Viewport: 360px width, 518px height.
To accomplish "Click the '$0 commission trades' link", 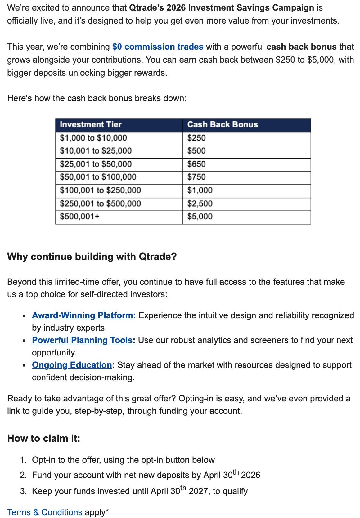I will [x=158, y=47].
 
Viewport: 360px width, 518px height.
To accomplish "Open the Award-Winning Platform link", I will [x=83, y=315].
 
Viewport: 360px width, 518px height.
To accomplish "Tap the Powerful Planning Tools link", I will [x=82, y=340].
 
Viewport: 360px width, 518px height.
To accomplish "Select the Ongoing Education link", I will [x=72, y=365].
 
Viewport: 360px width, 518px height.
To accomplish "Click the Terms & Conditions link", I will [x=45, y=512].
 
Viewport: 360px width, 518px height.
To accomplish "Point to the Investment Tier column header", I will [x=91, y=125].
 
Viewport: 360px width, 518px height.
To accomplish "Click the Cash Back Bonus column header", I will [x=223, y=125].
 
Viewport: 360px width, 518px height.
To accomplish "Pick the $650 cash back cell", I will [x=196, y=164].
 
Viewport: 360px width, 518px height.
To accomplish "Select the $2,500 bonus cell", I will [x=200, y=203].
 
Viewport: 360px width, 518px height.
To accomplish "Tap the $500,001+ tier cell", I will [x=80, y=217].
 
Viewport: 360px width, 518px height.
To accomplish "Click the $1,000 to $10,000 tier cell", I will [x=93, y=138].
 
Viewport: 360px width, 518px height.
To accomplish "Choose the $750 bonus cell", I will [x=196, y=177].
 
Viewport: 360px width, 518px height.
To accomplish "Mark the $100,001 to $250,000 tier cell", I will [x=100, y=190].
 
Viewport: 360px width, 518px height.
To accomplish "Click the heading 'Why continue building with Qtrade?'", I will [x=92, y=257].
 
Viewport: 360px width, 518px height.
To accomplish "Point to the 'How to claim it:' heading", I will [x=44, y=438].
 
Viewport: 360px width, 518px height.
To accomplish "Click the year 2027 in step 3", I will [x=199, y=491].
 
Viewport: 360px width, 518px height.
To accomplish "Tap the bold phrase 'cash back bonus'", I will [x=301, y=47].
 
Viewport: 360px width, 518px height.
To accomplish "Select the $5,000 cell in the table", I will [x=200, y=217].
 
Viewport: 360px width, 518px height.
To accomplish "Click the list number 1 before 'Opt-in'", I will [x=23, y=460].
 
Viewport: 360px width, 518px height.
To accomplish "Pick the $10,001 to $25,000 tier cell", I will [x=96, y=151].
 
